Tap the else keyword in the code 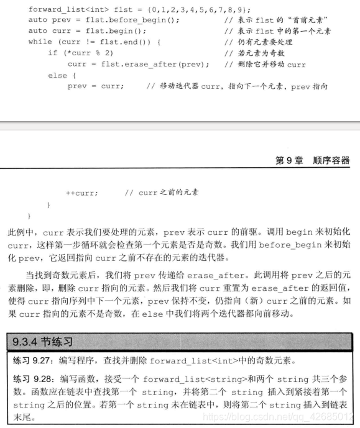(57, 75)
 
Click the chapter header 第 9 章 (289, 160)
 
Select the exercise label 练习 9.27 (30, 360)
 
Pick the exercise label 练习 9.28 (30, 378)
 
